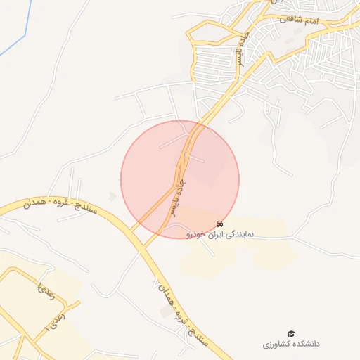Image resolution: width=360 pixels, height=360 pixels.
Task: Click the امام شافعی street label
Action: [299, 20]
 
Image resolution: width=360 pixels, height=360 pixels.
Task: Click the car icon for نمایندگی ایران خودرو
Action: [220, 224]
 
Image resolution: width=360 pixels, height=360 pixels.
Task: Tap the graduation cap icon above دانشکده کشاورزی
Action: [290, 333]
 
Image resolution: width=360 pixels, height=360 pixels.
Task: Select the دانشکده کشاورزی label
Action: [291, 344]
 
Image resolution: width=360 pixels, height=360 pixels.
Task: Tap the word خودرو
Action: [196, 233]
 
